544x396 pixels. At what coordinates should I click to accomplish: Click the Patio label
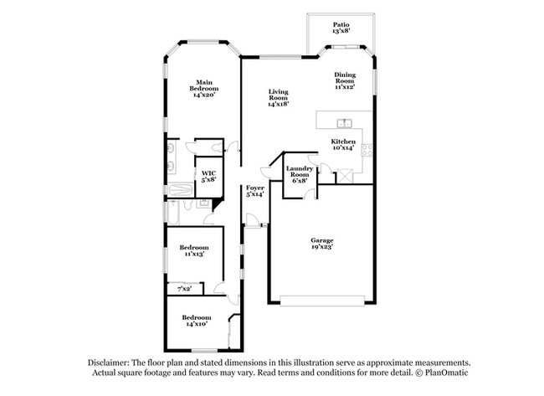tap(341, 27)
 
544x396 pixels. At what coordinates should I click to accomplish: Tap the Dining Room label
tap(345, 80)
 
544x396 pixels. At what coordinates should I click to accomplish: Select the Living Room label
tap(278, 98)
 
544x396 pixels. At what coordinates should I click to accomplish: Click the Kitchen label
tap(343, 145)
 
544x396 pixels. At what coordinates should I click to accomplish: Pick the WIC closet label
tap(208, 176)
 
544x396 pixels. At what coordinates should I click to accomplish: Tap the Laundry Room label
tap(299, 173)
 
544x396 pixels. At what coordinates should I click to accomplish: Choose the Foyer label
tap(254, 190)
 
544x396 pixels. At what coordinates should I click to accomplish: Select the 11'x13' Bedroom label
tap(194, 251)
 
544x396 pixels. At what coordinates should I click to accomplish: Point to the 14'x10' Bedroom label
tap(198, 321)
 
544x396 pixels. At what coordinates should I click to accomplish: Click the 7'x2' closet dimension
tap(184, 289)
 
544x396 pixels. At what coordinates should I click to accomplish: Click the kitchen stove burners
tap(367, 150)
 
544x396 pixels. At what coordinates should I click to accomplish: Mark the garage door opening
tap(322, 302)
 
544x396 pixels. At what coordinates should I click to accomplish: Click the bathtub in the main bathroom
tap(173, 211)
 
